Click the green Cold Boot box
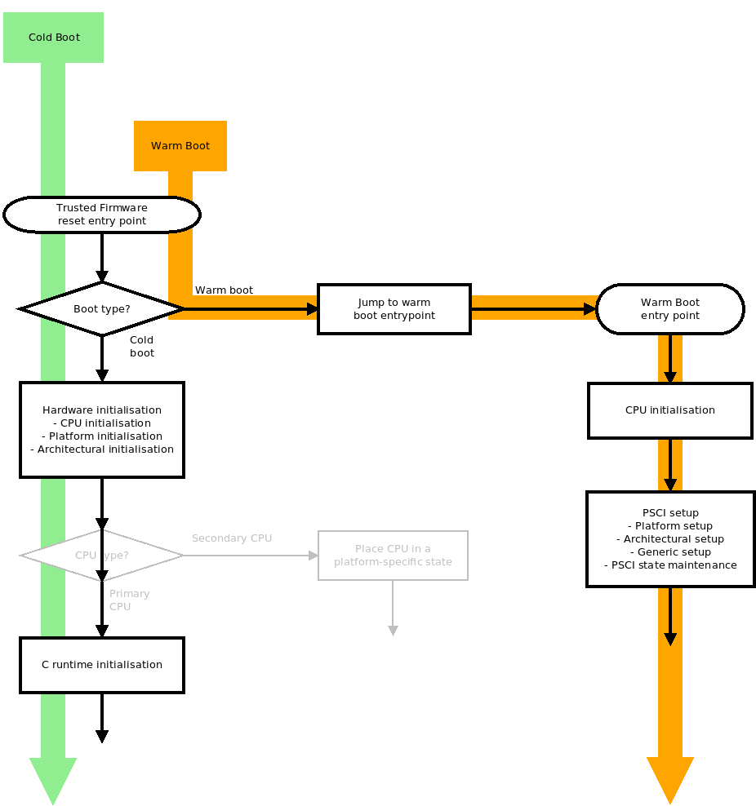[53, 38]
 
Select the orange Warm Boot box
[180, 146]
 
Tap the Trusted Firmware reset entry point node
[102, 215]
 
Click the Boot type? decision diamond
[102, 309]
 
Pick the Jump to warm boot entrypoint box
[394, 309]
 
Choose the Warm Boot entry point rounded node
[670, 309]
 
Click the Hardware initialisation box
[102, 430]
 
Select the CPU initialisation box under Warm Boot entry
[670, 410]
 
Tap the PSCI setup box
[670, 539]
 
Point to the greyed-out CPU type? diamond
[102, 556]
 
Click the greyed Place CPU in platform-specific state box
[393, 556]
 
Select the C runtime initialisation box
[102, 665]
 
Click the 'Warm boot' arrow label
[224, 290]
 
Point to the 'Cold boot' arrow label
[142, 347]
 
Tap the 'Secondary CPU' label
[232, 538]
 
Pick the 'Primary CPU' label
[129, 600]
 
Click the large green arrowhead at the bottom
[53, 778]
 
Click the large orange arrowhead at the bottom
[670, 778]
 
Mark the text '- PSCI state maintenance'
[670, 565]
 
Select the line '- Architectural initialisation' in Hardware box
[102, 449]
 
